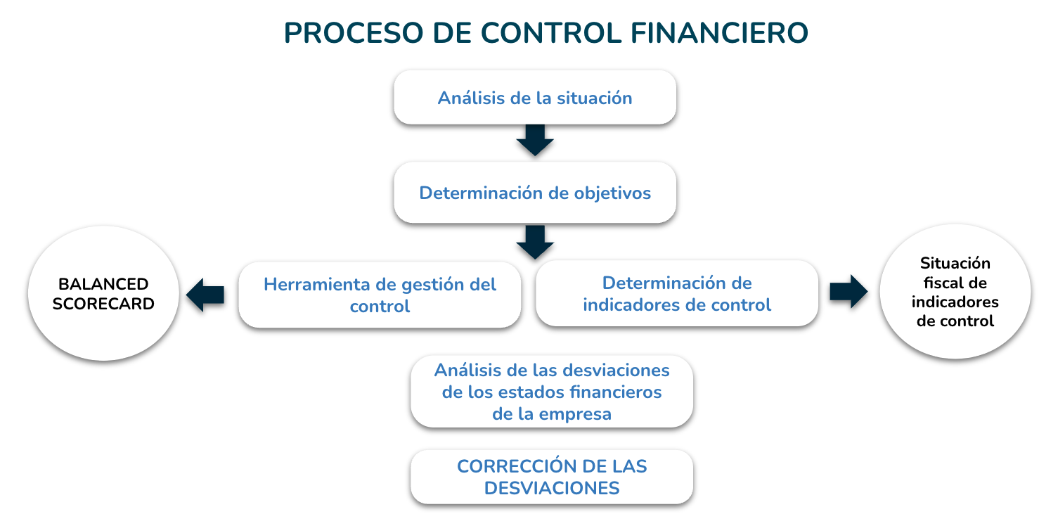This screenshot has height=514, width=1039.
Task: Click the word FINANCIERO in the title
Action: (719, 33)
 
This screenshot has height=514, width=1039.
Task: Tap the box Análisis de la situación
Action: (535, 98)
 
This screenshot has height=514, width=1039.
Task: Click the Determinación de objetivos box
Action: (535, 193)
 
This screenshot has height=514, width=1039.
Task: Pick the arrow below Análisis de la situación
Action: (535, 140)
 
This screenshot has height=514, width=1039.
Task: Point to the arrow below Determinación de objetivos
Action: (535, 242)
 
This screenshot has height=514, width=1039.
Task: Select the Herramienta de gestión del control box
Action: (380, 295)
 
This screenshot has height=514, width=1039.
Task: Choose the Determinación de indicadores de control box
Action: (677, 293)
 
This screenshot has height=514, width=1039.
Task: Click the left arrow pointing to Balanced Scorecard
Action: (205, 295)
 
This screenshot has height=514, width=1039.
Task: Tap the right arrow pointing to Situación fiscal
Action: (848, 291)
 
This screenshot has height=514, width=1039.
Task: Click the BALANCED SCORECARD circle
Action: (103, 293)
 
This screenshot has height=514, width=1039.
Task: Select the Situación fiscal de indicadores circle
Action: (955, 291)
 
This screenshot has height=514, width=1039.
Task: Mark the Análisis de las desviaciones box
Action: (552, 392)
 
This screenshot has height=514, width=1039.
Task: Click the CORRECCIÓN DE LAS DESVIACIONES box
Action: (552, 477)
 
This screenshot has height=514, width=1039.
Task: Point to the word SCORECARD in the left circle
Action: (103, 304)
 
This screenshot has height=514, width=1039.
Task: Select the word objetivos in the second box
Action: (612, 193)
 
